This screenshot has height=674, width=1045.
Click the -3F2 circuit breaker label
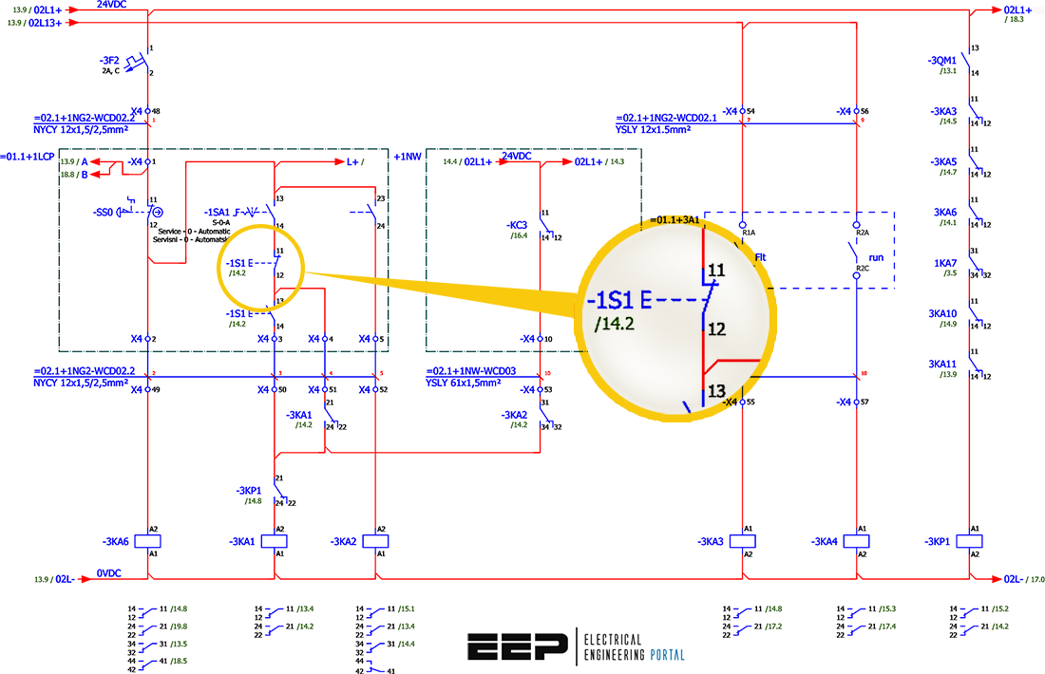(x=111, y=60)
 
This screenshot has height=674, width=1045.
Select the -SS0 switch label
(x=104, y=212)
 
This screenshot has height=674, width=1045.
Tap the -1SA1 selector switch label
(x=218, y=212)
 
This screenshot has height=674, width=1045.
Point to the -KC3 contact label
(x=518, y=225)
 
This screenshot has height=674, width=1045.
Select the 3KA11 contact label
(x=943, y=364)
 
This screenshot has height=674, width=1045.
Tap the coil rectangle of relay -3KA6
(x=148, y=541)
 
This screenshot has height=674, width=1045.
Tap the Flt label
(x=761, y=257)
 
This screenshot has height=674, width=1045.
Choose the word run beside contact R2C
(x=876, y=257)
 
